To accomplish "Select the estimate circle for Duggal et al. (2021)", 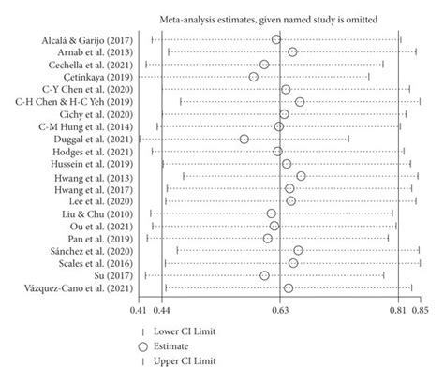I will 244,139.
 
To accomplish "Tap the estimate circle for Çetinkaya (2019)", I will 254,77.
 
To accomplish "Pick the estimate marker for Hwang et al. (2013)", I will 301,176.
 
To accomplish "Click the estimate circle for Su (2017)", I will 264,275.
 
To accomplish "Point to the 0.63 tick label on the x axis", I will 278,308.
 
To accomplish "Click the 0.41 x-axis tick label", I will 139,308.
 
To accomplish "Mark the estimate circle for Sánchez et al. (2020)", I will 298,250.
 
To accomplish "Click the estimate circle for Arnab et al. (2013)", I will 292,51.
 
